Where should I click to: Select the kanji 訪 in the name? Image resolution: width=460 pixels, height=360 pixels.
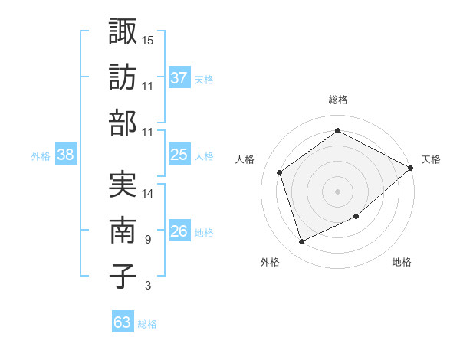pos(123,77)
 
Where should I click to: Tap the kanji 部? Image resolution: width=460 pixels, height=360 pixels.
pos(123,123)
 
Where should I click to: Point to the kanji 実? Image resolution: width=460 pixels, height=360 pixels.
pos(123,184)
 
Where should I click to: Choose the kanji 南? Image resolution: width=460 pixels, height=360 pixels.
pos(123,231)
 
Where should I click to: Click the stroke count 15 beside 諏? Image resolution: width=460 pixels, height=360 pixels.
pos(149,39)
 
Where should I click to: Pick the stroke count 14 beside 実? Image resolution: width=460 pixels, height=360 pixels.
pos(149,194)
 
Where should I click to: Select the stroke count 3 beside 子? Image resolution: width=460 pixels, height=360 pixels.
pos(147,286)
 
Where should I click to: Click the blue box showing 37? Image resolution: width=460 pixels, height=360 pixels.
pos(179,77)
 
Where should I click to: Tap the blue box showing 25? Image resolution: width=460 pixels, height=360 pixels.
pos(179,155)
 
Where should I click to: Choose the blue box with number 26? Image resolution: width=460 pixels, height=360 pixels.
pos(179,231)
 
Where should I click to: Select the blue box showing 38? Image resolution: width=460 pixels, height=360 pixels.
pos(65,155)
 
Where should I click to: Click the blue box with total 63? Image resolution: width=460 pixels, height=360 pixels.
pos(122,322)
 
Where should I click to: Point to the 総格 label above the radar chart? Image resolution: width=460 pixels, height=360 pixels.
pos(338,100)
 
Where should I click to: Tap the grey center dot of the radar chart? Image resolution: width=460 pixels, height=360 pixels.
pos(337,191)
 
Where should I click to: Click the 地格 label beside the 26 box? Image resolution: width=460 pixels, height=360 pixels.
pos(204,233)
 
